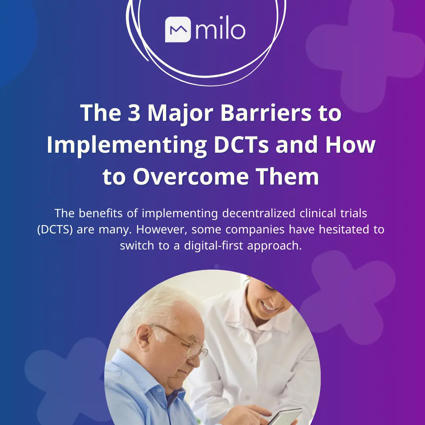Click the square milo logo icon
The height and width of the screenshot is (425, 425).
click(x=177, y=29)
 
